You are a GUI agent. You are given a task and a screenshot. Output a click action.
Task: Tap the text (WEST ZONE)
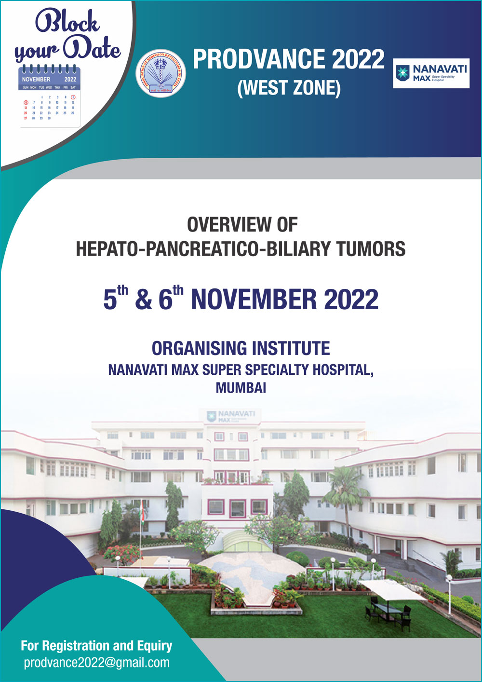point(289,88)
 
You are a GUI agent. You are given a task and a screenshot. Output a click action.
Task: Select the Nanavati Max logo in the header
point(431,73)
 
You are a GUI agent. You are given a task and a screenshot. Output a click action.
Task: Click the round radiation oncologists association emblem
point(161,73)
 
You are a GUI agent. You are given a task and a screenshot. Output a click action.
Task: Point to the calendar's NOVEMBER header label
point(36,79)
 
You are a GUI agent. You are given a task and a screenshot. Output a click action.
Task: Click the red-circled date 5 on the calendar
point(73,97)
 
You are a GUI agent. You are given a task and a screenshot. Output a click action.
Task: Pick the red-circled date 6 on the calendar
point(26,102)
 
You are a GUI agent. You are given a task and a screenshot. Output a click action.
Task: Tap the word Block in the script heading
point(67,22)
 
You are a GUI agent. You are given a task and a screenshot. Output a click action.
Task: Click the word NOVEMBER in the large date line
point(254,300)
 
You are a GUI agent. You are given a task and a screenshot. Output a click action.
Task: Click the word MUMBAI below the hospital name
point(241,388)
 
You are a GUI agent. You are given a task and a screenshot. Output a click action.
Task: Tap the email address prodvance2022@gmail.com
point(97,662)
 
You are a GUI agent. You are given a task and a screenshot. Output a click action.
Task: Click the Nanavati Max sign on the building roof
point(231,416)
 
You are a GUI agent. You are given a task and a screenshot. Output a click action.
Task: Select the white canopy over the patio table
point(391,589)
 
